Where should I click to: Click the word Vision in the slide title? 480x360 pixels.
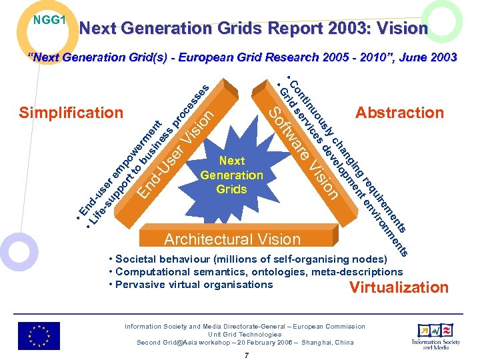(403, 29)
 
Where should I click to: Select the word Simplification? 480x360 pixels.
(71, 113)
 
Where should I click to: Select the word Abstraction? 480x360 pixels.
(399, 113)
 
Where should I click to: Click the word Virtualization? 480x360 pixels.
(399, 287)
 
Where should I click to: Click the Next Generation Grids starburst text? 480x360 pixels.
(231, 175)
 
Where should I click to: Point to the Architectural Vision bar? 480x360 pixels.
(233, 239)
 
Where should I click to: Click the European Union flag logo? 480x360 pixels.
(39, 335)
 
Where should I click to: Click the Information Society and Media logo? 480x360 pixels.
(436, 335)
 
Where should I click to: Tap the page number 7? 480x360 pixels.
(245, 355)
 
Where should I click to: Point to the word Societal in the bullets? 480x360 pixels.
(137, 259)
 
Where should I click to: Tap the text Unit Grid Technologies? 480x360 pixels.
(245, 334)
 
